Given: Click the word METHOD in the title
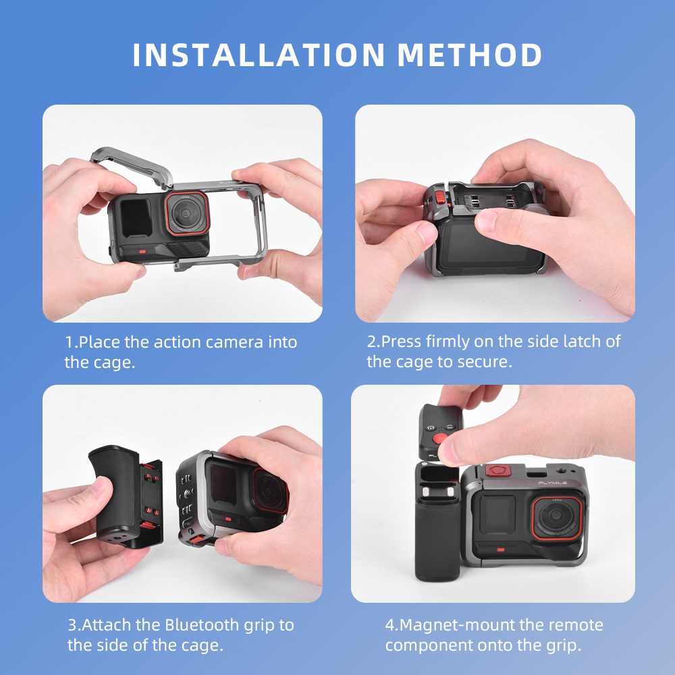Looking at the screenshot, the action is [x=469, y=55].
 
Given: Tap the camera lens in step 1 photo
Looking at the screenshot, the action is [x=187, y=214].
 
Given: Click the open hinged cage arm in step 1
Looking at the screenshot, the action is [x=132, y=166].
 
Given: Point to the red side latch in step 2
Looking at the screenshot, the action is [x=441, y=198].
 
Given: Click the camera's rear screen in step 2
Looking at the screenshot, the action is [x=484, y=244].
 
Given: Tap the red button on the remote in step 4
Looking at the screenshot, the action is [x=440, y=439].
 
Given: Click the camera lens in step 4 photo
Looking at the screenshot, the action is [x=557, y=516].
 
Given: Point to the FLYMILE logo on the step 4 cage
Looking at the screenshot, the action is [x=552, y=483].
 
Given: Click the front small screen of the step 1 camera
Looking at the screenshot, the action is [x=136, y=217].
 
